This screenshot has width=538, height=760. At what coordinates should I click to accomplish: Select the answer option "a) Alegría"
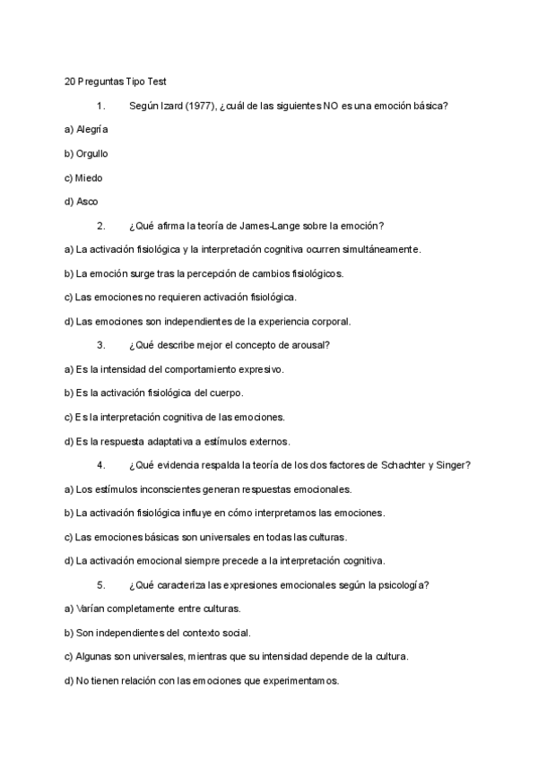pos(86,129)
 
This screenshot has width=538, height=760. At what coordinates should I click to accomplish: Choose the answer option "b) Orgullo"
pos(86,153)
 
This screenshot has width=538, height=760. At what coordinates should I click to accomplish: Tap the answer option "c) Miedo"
pos(83,177)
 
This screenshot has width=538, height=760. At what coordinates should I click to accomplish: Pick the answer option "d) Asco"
pos(82,202)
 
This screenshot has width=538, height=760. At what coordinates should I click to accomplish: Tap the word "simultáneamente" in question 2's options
pos(377,249)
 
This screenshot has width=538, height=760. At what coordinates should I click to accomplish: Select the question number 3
pos(100,345)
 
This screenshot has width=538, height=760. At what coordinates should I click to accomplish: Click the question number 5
pos(100,585)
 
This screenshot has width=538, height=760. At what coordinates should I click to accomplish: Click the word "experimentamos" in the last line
pos(299,681)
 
